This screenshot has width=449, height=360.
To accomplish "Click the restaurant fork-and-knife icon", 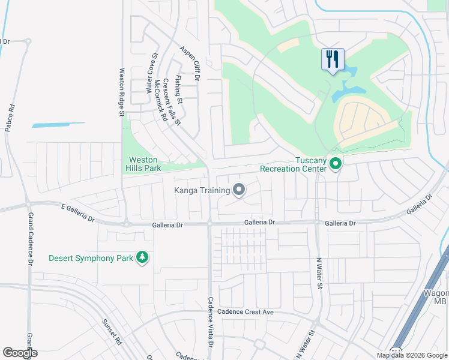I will tap(333, 59).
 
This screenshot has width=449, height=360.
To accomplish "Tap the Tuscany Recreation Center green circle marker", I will tap(336, 163).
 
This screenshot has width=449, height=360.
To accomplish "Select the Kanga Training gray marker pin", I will tap(239, 190).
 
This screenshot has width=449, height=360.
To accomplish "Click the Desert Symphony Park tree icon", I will tap(142, 257).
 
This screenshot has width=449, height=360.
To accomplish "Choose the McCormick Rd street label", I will tap(160, 100).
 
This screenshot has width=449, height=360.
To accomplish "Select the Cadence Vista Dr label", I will tap(210, 322).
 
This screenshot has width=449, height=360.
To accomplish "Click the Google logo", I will tap(20, 353).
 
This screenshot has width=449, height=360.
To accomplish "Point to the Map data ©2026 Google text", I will tap(411, 355).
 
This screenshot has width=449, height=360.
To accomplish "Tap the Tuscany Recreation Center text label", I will tap(294, 164).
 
